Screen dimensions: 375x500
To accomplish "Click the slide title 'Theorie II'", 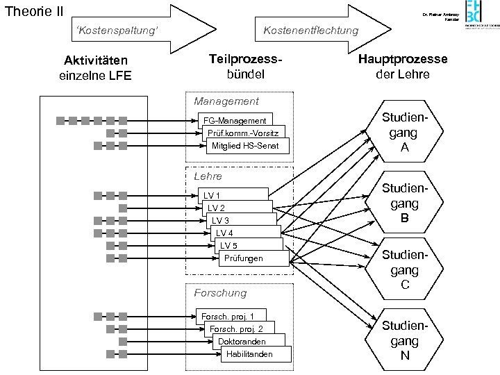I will pos(34,12).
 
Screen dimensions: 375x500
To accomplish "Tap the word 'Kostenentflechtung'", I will pos(310,30).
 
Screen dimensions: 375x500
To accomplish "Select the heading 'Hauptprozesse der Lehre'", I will pos(403,67).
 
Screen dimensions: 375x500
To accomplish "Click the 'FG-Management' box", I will pos(234,121).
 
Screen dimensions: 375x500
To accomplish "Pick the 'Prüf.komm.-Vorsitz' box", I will pos(242,133).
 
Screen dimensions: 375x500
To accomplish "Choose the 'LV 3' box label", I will pos(221,221).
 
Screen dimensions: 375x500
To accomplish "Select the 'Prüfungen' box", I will pos(244,258).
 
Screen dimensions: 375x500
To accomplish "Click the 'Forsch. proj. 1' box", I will pos(232,317).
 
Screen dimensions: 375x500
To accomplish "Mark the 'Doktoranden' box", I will pos(241,342).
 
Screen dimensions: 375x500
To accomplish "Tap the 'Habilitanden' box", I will pos(249,354).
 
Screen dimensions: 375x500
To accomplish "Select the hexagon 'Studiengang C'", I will pos(404,270).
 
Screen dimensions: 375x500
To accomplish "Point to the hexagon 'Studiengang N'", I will pos(404,341).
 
